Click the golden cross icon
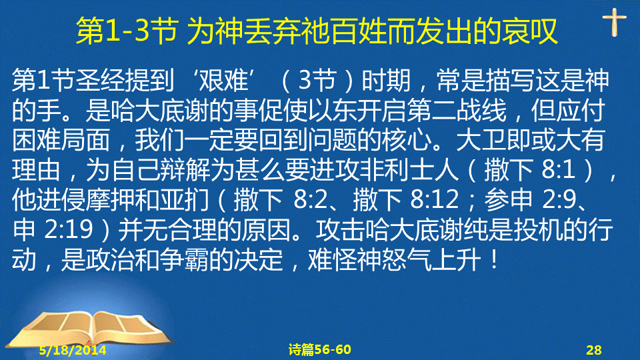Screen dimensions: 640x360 [x=614, y=22]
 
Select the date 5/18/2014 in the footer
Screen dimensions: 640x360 [x=73, y=350]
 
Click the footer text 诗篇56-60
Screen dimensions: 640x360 [x=319, y=349]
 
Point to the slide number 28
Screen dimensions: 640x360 [x=594, y=350]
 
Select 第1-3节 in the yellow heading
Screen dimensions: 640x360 [x=127, y=31]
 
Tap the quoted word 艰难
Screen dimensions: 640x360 [x=223, y=80]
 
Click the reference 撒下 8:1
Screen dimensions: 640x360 [x=529, y=170]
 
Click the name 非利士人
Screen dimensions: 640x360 [x=409, y=170]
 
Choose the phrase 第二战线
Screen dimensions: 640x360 [x=457, y=110]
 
